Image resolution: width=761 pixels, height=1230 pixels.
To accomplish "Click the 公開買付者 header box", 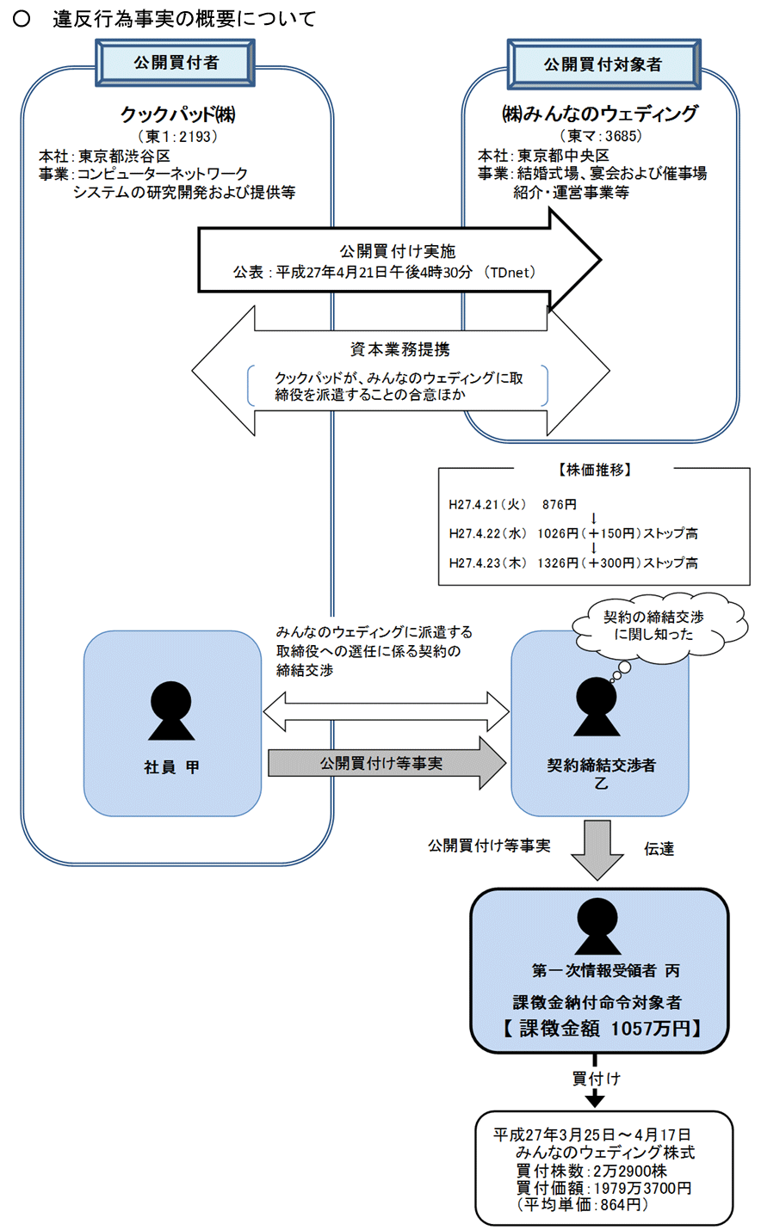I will [x=176, y=63].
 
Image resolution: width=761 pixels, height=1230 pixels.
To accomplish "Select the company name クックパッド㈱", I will [x=177, y=114].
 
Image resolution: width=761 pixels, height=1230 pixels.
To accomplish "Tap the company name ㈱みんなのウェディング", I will [x=600, y=114].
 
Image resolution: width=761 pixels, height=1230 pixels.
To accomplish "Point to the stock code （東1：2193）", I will [x=177, y=136].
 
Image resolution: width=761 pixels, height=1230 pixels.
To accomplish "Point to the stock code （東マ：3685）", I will [x=600, y=135].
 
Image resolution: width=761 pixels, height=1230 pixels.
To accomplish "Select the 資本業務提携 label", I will [x=399, y=350].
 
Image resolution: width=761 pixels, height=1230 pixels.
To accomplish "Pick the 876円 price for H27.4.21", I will [x=560, y=505].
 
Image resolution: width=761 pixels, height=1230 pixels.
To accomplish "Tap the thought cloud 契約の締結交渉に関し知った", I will [x=653, y=625].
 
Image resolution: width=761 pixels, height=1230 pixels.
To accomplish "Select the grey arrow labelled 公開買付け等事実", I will [x=386, y=763].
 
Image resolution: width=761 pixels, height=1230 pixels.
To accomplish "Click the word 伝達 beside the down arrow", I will [x=659, y=849].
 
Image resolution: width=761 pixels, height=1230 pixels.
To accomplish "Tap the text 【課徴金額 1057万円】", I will [x=600, y=1029].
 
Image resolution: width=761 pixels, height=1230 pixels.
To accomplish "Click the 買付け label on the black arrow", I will [x=596, y=1078].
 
